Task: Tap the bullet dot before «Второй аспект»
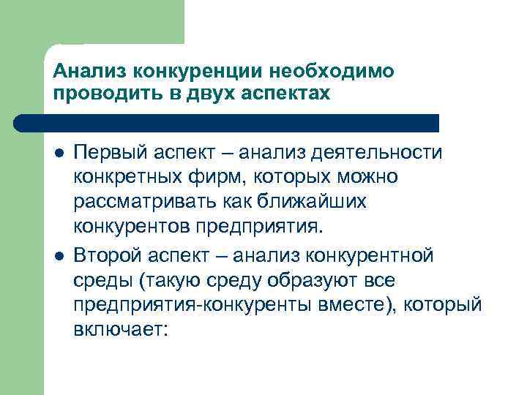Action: coord(58,257)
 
